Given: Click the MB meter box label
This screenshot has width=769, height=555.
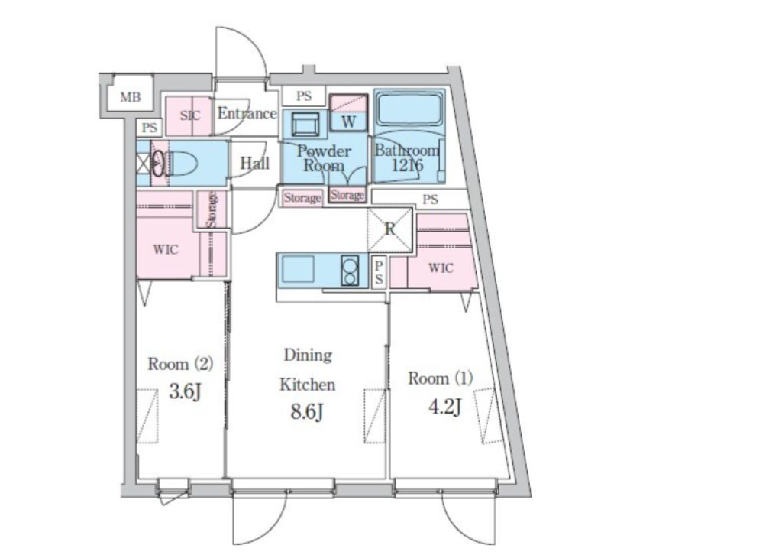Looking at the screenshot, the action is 130,97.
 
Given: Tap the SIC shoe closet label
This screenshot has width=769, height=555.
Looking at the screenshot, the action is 190,116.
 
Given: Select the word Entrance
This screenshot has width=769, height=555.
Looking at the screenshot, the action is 247,113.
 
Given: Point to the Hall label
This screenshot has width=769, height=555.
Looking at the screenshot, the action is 254,163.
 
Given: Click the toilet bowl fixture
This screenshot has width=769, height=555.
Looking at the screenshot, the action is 183,164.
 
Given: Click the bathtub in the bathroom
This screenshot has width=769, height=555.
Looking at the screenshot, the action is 409,109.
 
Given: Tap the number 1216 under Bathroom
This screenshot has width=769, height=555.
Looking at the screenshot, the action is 406,165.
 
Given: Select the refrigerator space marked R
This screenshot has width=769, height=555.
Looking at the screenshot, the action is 390,229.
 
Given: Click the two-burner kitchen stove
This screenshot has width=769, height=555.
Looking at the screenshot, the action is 350,271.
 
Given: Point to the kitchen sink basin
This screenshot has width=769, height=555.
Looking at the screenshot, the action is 298,270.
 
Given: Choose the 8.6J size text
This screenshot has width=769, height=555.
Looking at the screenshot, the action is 307,412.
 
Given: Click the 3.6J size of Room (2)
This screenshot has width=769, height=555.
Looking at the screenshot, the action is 186,391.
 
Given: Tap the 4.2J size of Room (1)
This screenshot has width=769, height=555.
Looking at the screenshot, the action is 444,407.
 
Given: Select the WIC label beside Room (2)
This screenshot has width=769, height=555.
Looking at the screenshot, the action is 165,249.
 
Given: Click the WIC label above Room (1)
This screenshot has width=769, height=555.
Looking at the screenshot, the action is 441,268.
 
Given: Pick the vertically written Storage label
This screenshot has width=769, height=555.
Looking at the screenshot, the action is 212,210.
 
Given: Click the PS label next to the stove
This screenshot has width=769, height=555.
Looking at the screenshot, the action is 379,273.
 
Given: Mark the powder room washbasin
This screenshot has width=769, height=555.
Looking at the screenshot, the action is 305,124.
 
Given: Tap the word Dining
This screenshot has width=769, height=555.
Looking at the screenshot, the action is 308,355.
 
